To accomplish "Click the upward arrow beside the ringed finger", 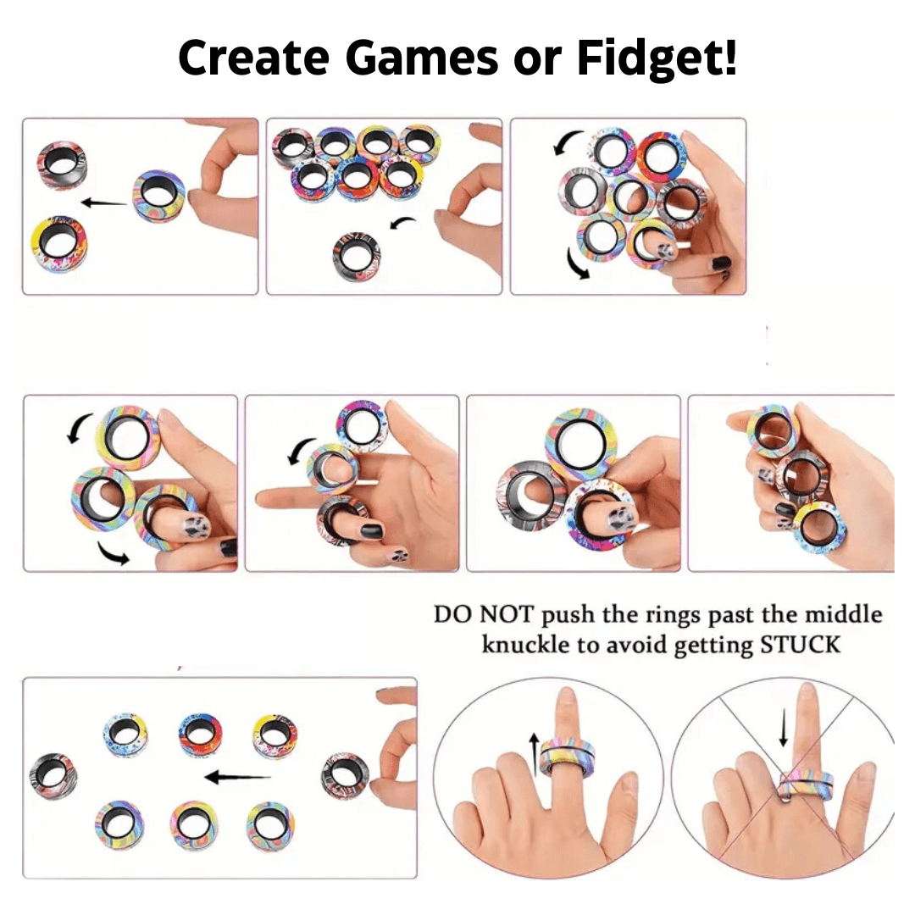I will pos(533,752).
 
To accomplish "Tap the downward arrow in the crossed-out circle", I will pos(785,727).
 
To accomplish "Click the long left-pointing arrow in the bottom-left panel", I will pos(237,777).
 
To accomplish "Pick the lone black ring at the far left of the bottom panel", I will pos(53,774).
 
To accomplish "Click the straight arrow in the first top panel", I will pos(104,202).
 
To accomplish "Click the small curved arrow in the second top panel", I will pos(403,225).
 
